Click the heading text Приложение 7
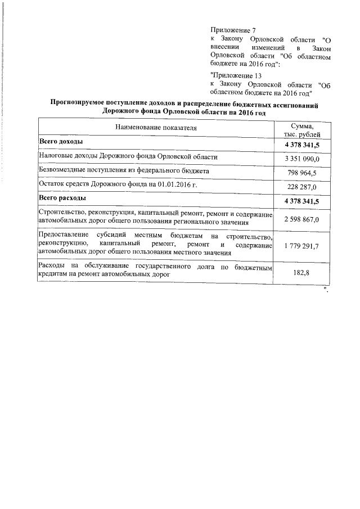tap(232, 29)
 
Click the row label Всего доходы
tap(61, 141)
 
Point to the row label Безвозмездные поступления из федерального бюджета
tap(124, 170)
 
